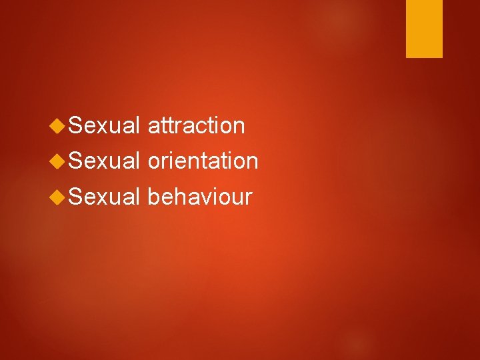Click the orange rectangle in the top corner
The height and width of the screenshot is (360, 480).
pyautogui.click(x=424, y=29)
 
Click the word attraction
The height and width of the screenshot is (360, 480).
pyautogui.click(x=196, y=125)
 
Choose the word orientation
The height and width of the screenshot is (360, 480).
pyautogui.click(x=202, y=161)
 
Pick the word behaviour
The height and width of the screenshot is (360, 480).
pyautogui.click(x=199, y=197)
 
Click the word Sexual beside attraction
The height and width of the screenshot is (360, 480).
pyautogui.click(x=104, y=125)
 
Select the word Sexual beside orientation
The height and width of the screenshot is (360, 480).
pyautogui.click(x=104, y=161)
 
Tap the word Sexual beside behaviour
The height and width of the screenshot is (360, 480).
pyautogui.click(x=104, y=197)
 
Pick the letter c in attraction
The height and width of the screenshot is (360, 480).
pyautogui.click(x=201, y=127)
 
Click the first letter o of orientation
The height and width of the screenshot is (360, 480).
pyautogui.click(x=153, y=163)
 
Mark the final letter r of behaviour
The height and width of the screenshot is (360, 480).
pyautogui.click(x=249, y=199)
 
